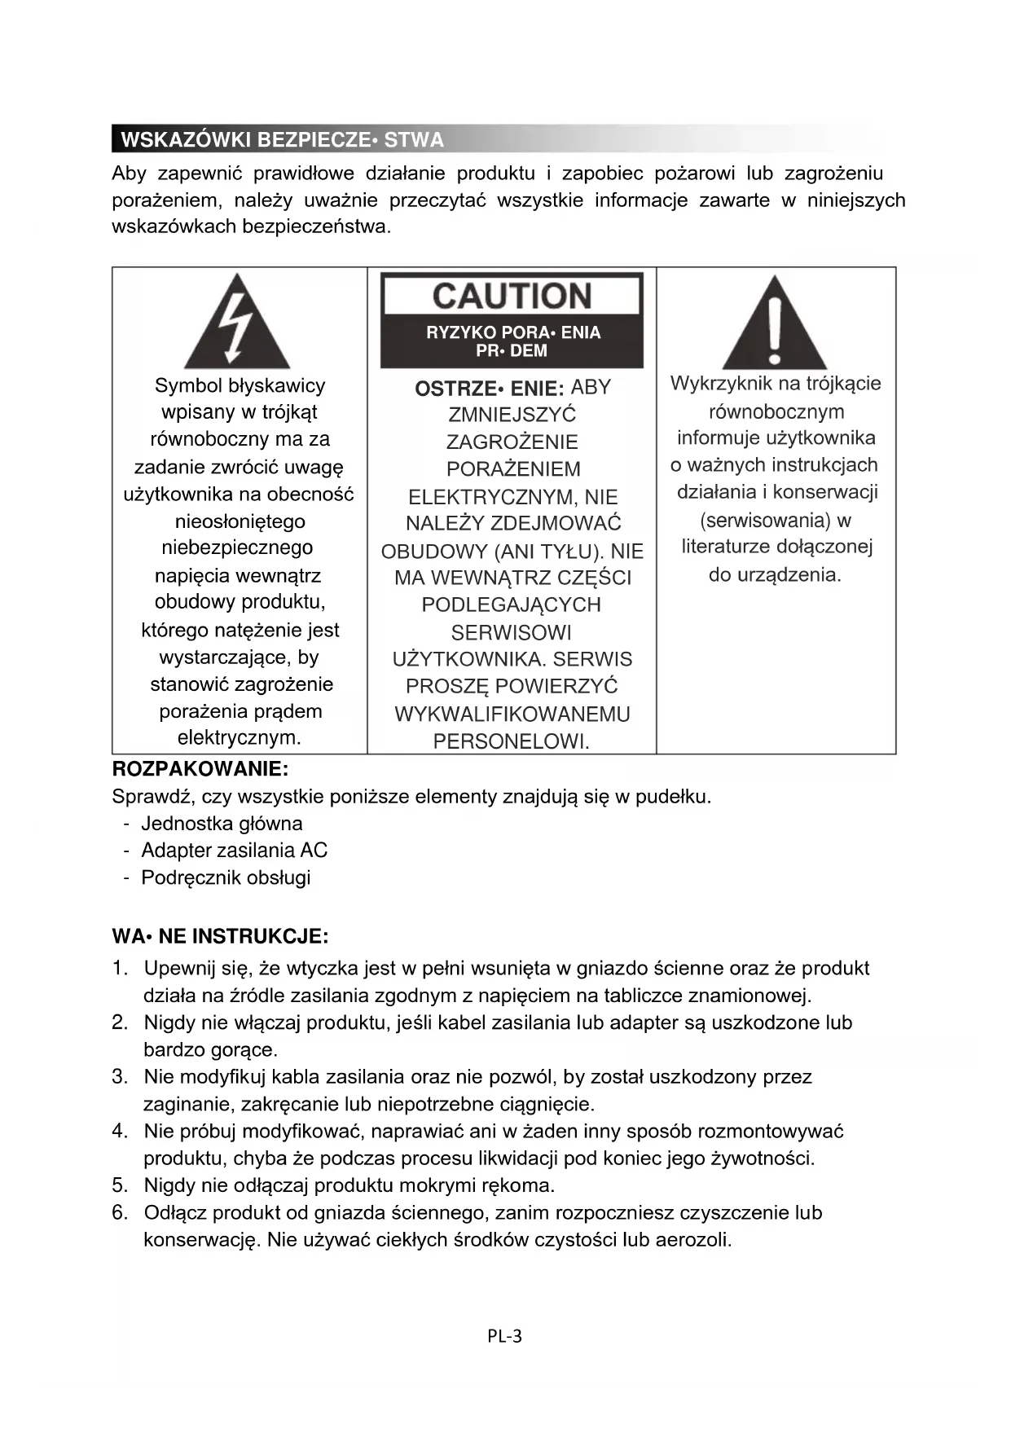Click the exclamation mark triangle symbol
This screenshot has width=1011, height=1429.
coord(774,323)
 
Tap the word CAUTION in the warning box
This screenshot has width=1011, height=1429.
coord(512,296)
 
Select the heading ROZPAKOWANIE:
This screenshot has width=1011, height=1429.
coord(200,768)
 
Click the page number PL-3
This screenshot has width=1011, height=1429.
coord(505,1335)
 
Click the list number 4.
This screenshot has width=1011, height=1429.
coord(120,1131)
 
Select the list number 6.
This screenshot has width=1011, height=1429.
coord(120,1212)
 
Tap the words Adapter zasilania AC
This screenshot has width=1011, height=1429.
coord(234,851)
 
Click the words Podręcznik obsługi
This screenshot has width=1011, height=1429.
coord(226,877)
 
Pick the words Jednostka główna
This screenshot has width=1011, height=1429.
coord(222,824)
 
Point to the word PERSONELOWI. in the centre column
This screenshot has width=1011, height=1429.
coord(512,741)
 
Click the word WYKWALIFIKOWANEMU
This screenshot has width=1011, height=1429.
coord(512,714)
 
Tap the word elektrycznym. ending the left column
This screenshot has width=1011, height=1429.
coord(240,738)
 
